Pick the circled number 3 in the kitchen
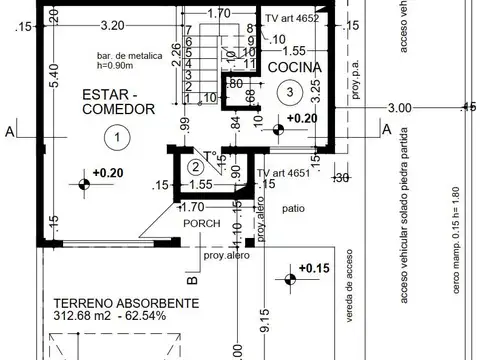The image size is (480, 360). tap(289, 91)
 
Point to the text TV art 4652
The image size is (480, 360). tap(291, 19)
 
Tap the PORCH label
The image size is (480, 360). tap(199, 224)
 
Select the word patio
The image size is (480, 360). tap(292, 211)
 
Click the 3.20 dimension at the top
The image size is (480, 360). tap(113, 25)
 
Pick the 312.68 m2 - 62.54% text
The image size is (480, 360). tap(112, 319)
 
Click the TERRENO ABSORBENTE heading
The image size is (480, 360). tap(112, 303)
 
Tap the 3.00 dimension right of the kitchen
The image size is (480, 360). tap(399, 108)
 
